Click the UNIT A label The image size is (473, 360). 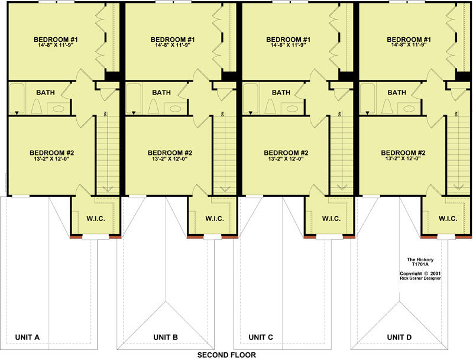pos(27,337)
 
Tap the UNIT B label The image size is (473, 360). pos(166,337)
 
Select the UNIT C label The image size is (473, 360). pos(261,337)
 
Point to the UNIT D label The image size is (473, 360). pos(399,337)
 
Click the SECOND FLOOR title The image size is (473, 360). pos(226,355)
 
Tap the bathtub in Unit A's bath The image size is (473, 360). pos(17,99)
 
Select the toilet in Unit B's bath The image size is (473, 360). pos(154,106)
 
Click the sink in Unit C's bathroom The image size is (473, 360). pos(292,109)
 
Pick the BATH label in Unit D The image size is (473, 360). pos(397,92)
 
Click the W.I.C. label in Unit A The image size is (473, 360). pos(96,219)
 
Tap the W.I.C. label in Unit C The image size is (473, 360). pos(331,219)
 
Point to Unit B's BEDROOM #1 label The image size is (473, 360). pos(173,40)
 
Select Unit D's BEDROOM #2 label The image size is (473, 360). pos(403,153)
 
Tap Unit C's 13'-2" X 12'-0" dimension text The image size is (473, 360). pos(286,158)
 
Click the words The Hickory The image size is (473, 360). pos(420,260)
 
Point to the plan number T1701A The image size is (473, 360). pos(420,264)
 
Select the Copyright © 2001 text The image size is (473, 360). pos(420,274)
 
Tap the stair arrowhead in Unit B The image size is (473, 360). pos(224,189)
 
